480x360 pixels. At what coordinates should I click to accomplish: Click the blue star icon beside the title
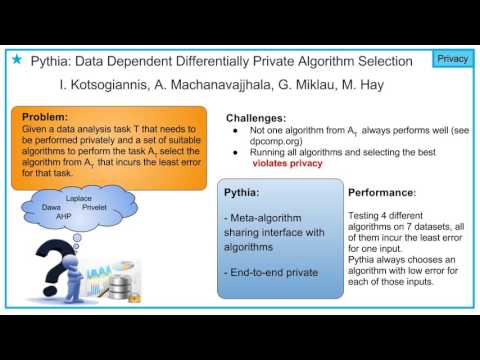coord(15,61)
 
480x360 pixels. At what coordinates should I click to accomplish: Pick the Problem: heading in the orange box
coord(48,116)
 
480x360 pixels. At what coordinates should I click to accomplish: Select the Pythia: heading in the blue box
coord(244,190)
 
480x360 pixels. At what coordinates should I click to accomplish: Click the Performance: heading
coord(380,190)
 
